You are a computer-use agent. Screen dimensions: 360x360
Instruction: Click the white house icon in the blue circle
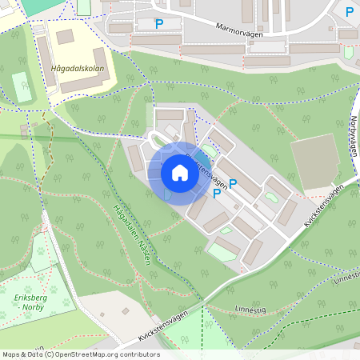[x=180, y=173]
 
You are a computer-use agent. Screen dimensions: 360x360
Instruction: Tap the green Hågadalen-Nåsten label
[x=133, y=232]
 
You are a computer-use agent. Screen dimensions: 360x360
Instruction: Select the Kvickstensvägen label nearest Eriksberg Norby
[x=170, y=324]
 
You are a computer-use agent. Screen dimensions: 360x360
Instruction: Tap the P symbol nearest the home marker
[x=233, y=184]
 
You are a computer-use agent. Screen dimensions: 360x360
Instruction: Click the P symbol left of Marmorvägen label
[x=159, y=25]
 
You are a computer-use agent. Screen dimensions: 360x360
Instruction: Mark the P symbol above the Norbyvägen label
[x=350, y=12]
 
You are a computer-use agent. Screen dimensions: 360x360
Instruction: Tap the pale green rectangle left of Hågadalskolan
[x=22, y=86]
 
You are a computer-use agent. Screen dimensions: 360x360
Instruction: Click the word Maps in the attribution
[x=12, y=354]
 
